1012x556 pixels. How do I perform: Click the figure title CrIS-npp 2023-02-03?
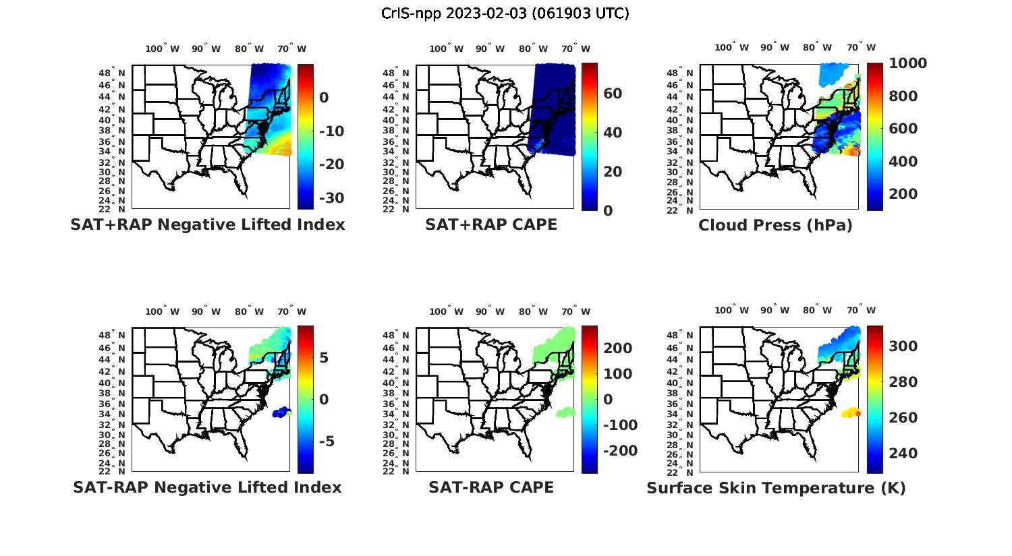tap(505, 13)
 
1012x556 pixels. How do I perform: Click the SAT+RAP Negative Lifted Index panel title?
tap(208, 224)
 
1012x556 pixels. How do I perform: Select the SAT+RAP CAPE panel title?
tap(491, 224)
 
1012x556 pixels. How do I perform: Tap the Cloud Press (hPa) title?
tap(775, 225)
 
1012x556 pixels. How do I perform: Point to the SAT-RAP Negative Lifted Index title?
tap(208, 487)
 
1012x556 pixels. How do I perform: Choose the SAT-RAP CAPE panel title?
tap(491, 487)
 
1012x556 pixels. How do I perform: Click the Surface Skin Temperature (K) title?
tap(776, 488)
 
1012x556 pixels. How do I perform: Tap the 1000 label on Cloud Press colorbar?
tap(907, 63)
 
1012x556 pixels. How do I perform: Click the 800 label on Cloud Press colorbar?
tap(903, 96)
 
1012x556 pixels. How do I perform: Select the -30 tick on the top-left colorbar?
tap(331, 198)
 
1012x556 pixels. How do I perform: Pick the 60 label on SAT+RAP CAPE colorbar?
tap(613, 94)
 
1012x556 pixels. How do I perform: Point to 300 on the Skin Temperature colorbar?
tap(903, 346)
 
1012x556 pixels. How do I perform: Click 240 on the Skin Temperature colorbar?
tap(903, 454)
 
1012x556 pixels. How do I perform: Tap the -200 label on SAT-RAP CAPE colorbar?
tap(619, 451)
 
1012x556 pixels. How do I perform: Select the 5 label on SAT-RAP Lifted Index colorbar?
tap(324, 358)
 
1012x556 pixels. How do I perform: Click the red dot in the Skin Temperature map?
tap(858, 413)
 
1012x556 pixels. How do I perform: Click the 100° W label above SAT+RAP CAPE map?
tap(446, 49)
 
